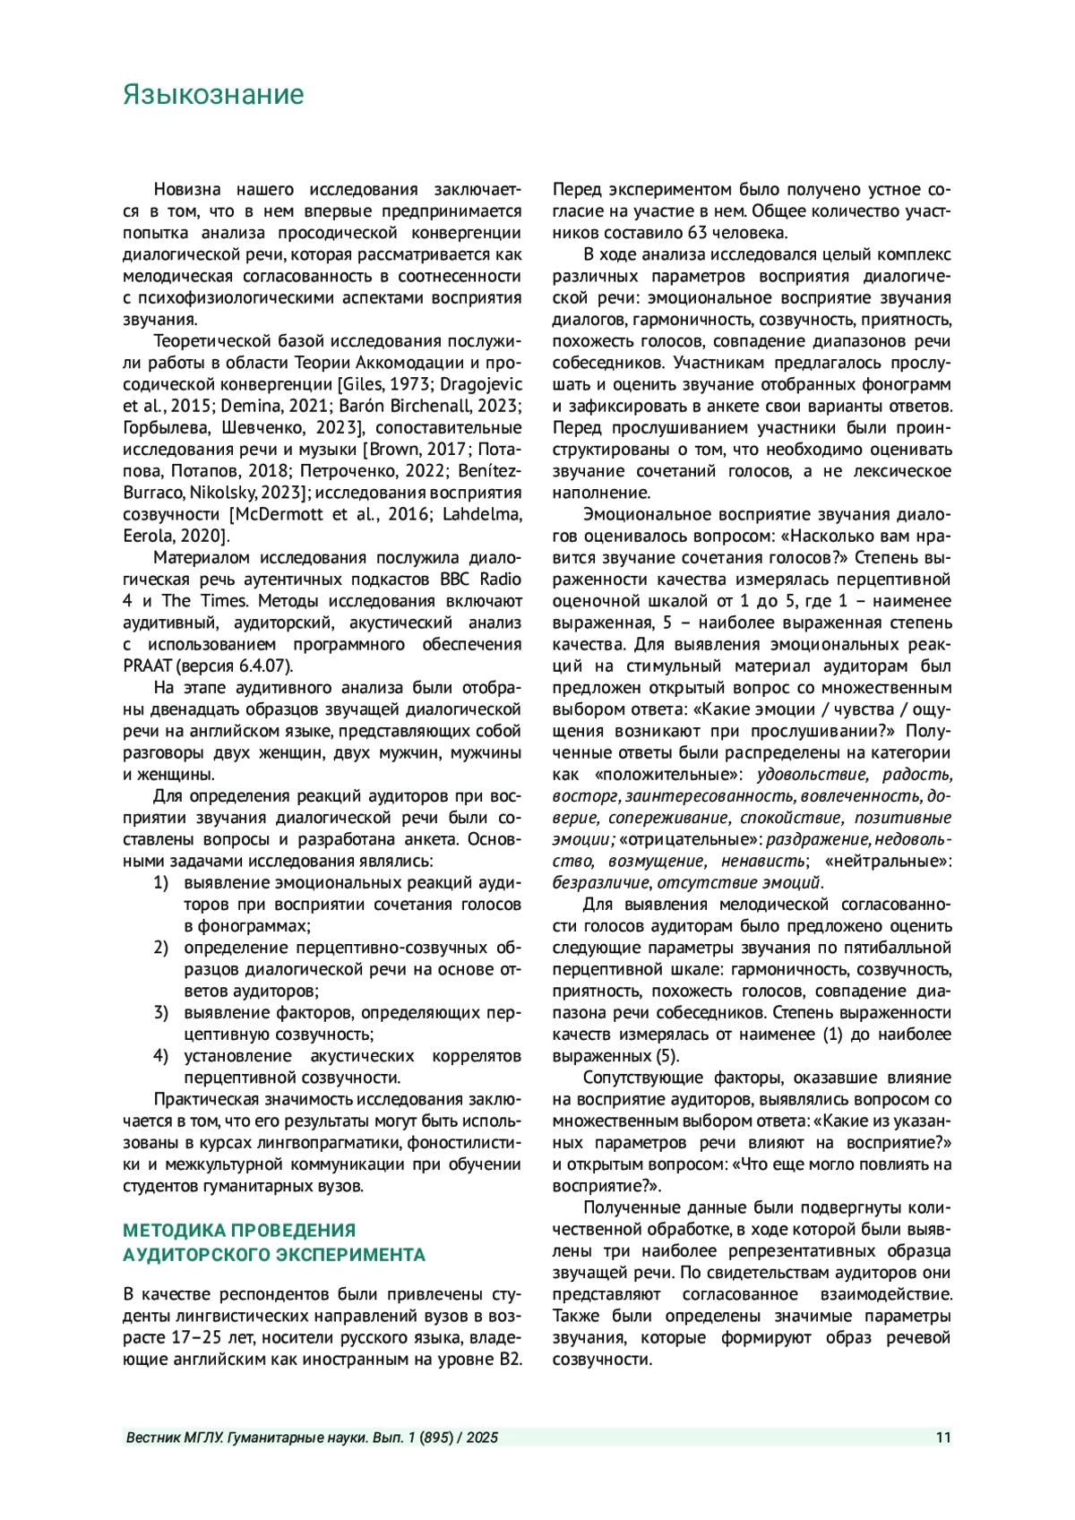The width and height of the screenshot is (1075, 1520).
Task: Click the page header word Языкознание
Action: click(x=213, y=95)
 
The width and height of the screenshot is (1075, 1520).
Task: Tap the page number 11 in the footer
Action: click(x=942, y=1438)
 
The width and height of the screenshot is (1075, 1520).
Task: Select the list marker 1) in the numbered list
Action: click(x=160, y=882)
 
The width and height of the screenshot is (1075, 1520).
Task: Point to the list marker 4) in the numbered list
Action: click(x=160, y=1056)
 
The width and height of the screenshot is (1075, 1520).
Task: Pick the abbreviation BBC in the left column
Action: click(x=458, y=580)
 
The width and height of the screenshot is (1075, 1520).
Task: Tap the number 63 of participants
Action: click(x=698, y=233)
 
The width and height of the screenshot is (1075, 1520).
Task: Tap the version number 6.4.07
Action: click(x=262, y=666)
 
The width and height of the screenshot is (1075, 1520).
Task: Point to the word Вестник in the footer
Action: click(x=155, y=1438)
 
